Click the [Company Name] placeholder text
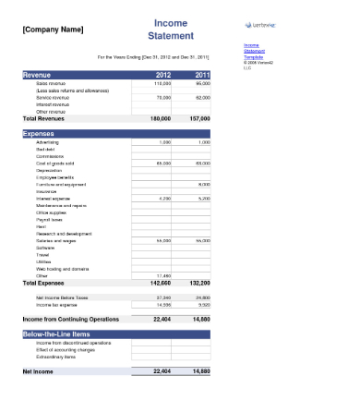pyautogui.click(x=52, y=30)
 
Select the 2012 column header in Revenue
pyautogui.click(x=162, y=75)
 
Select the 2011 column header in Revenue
pyautogui.click(x=202, y=75)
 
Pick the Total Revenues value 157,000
pyautogui.click(x=200, y=119)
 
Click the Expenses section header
pyautogui.click(x=42, y=133)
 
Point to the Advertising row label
pyautogui.click(x=48, y=142)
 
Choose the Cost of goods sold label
pyautogui.click(x=54, y=163)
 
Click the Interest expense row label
pyautogui.click(x=53, y=198)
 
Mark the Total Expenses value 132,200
pyautogui.click(x=200, y=282)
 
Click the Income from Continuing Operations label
pyautogui.click(x=71, y=318)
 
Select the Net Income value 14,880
pyautogui.click(x=200, y=370)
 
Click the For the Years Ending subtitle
pyautogui.click(x=160, y=57)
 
